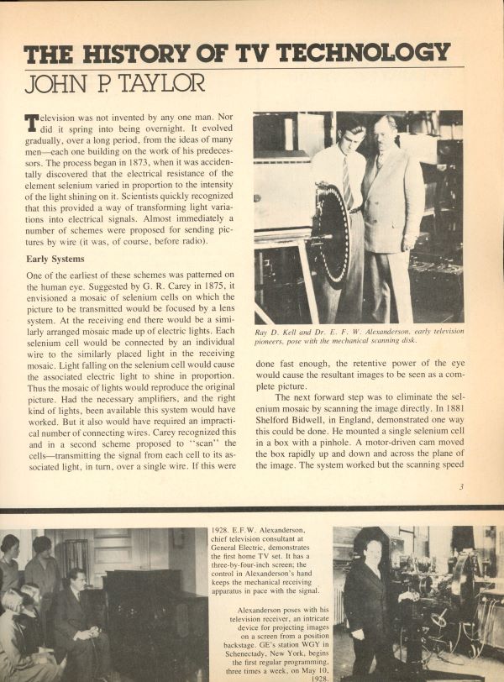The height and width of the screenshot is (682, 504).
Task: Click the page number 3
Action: [461, 487]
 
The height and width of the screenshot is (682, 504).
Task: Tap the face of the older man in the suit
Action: [386, 130]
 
